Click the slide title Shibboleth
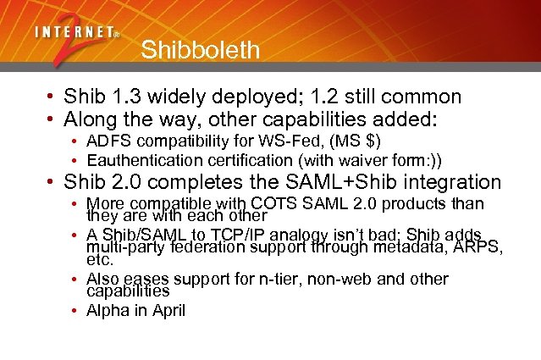200,50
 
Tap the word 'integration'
453,182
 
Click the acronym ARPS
478,247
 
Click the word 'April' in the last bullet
169,310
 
